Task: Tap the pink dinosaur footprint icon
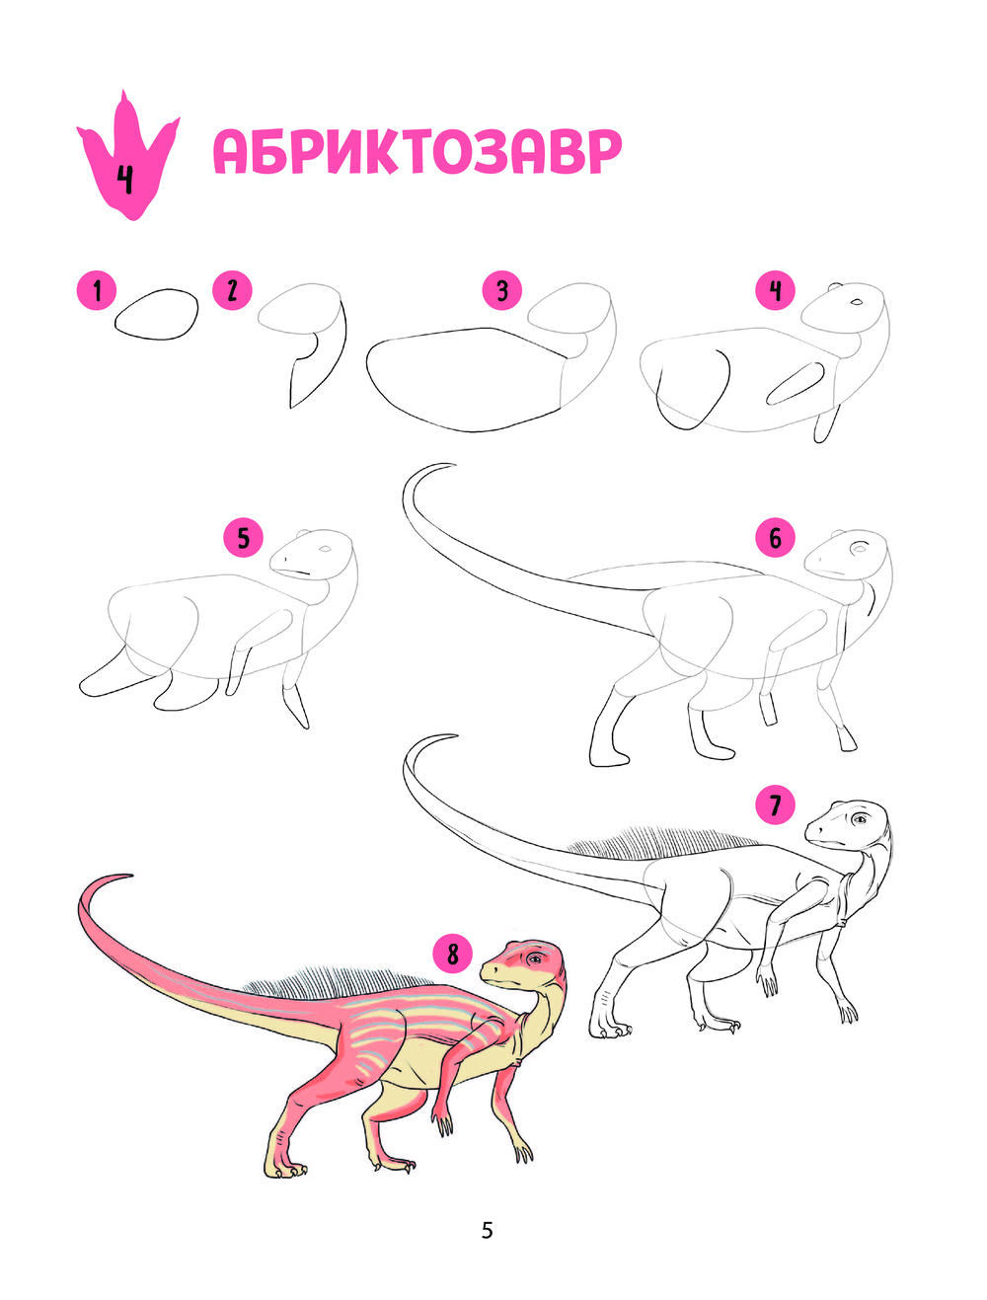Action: [x=128, y=156]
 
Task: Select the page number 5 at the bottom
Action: [x=487, y=1230]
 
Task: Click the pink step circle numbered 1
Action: [x=97, y=291]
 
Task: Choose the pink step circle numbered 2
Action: [x=232, y=291]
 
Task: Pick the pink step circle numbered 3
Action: [x=502, y=291]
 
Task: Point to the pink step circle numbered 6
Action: [x=775, y=538]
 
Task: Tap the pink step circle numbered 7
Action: [x=775, y=804]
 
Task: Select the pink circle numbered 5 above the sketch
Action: [x=243, y=538]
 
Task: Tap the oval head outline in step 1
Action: [x=157, y=315]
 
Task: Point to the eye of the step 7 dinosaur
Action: [x=859, y=819]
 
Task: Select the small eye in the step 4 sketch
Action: [x=856, y=302]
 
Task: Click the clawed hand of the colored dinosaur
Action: [x=442, y=1121]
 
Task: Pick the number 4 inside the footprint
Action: [x=125, y=179]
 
